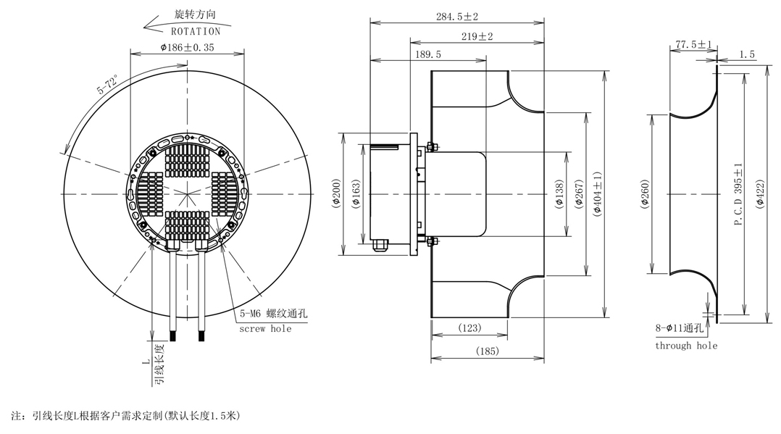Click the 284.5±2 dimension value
pos(456,17)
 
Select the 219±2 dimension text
pos(477,36)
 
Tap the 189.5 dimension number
pos(428,54)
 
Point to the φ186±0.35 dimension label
pos(187,47)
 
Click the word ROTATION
pos(196,31)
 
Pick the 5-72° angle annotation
pos(108,85)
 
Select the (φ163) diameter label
pos(356,194)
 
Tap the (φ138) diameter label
pos(559,194)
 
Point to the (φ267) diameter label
pos(579,194)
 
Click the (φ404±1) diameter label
pos(598,194)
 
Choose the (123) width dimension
pos(469,328)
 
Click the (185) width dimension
pos(487,351)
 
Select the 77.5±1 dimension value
pos(693,44)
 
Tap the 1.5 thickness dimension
pos(747,54)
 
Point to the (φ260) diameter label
pos(645,194)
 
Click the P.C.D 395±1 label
pos(738,194)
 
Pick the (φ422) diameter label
pos(760,194)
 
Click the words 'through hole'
pos(686,346)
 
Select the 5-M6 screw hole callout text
pos(273,314)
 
